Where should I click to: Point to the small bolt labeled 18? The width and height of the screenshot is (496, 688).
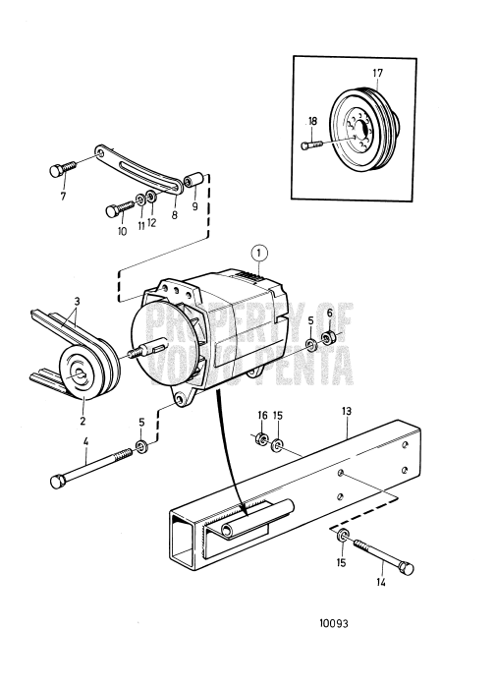click(316, 146)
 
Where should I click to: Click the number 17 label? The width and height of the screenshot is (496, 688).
click(378, 74)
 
